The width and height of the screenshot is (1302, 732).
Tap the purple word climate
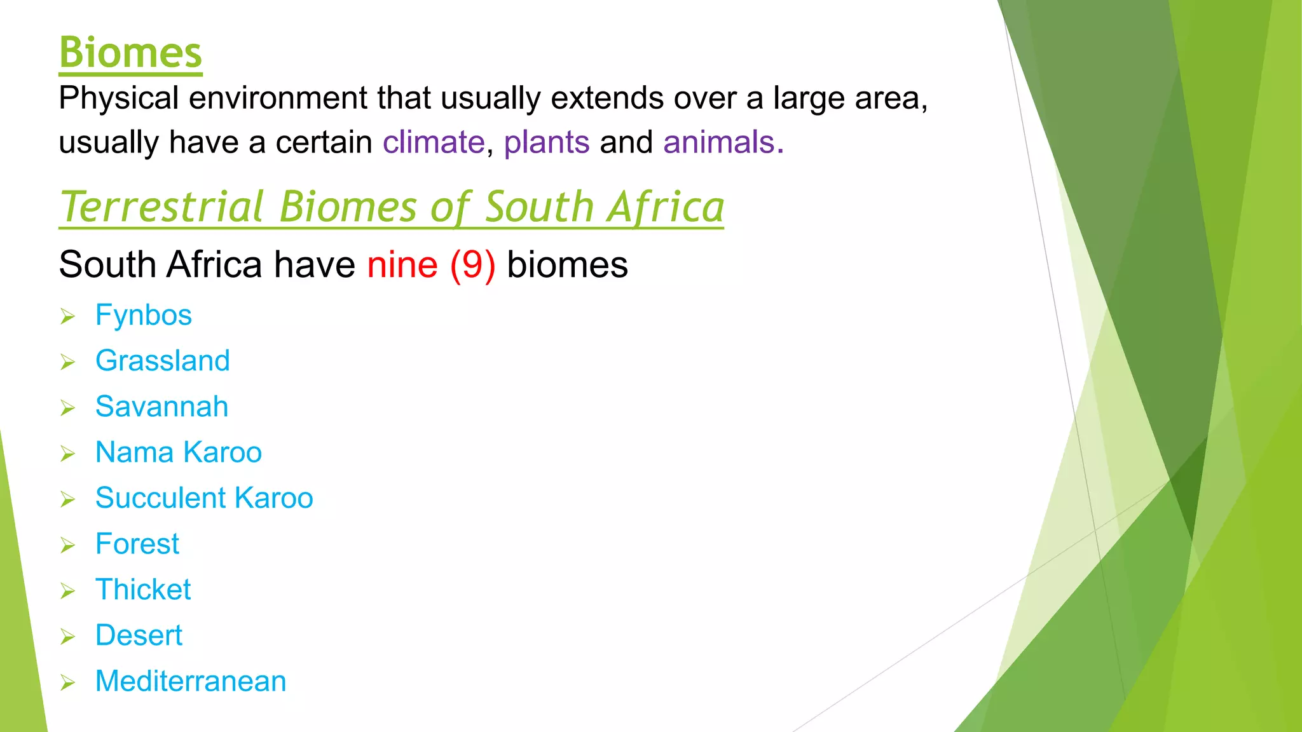pos(434,142)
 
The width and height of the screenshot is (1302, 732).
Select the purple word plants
pos(547,142)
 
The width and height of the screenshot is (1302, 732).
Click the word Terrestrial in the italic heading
pos(162,207)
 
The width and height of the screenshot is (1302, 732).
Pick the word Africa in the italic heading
pos(665,207)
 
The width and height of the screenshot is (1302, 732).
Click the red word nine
pos(402,264)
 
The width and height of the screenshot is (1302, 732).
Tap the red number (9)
pos(472,264)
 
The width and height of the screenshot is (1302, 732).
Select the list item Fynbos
pos(144,315)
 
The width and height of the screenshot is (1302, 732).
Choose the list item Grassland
pos(163,361)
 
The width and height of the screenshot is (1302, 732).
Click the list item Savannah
pos(161,407)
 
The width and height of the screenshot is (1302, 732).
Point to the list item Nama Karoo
pos(179,452)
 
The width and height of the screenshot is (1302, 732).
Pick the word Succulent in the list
pos(160,498)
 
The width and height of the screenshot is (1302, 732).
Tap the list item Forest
pos(137,544)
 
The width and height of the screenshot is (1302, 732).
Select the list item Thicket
pos(143,590)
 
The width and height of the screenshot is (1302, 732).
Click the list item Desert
pos(139,635)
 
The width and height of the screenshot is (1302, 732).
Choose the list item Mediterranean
pos(191,681)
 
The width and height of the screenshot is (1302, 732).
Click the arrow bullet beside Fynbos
pos(67,316)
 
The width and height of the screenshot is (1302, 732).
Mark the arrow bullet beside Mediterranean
pos(67,682)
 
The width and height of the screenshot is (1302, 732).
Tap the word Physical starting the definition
pos(119,98)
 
